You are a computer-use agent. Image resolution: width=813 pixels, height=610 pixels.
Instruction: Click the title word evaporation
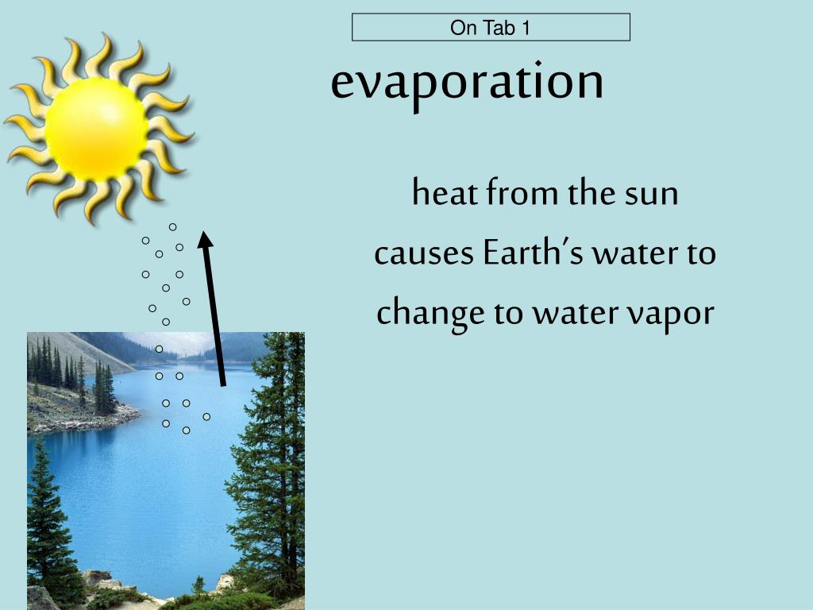[467, 82]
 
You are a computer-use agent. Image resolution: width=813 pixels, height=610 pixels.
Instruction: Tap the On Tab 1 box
[491, 28]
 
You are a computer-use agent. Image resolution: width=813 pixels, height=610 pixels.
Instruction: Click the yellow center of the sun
[96, 127]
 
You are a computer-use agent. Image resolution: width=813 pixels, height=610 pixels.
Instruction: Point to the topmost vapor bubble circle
[172, 227]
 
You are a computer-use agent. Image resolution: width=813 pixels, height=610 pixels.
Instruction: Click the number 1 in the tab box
[526, 29]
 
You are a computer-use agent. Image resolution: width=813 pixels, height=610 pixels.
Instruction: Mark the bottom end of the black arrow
[223, 384]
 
